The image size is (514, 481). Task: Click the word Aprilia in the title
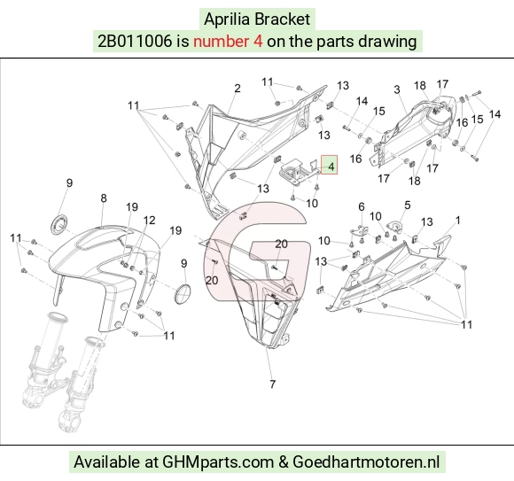tap(228, 19)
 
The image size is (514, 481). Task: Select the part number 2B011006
tap(135, 42)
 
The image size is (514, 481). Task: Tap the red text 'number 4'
tap(228, 42)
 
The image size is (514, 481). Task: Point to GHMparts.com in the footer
tap(218, 462)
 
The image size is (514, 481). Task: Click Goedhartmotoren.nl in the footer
tap(366, 462)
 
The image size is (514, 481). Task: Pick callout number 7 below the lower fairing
tap(272, 384)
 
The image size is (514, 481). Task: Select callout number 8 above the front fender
tap(104, 198)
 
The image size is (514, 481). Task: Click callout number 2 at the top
tap(238, 89)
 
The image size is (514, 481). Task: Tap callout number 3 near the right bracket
tap(397, 89)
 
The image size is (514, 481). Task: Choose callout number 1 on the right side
tap(458, 221)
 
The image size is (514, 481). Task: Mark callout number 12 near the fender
tap(149, 221)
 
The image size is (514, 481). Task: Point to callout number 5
tap(408, 206)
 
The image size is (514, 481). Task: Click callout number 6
tap(362, 206)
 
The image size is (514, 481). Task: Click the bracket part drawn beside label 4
tap(297, 171)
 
